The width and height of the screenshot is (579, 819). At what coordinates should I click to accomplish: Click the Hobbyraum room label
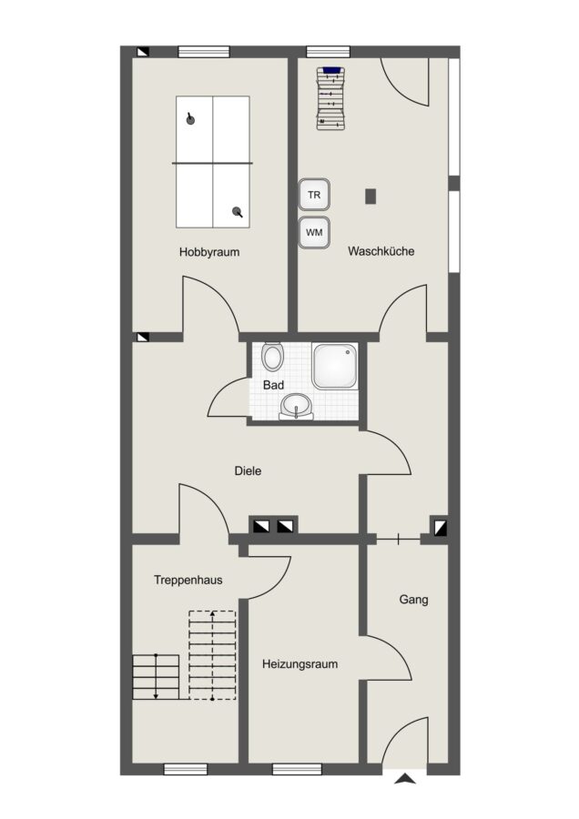click(209, 252)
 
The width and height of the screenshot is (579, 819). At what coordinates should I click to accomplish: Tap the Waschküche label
click(381, 251)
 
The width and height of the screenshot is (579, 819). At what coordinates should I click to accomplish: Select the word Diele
click(248, 470)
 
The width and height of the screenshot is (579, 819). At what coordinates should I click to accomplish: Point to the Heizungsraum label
click(300, 664)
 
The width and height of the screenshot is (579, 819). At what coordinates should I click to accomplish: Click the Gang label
click(414, 600)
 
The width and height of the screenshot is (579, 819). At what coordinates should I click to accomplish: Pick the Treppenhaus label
click(188, 580)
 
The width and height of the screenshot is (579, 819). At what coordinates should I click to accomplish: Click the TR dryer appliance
click(314, 195)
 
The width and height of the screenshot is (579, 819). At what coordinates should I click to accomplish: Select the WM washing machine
click(314, 232)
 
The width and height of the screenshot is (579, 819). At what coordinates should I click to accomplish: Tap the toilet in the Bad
click(271, 356)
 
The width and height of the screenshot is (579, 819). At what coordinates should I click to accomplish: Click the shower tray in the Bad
click(335, 366)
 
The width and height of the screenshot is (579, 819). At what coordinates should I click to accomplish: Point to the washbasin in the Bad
click(296, 407)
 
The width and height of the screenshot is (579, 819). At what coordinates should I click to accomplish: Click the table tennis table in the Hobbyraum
click(212, 162)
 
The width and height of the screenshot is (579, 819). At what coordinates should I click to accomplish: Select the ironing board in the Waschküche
click(331, 98)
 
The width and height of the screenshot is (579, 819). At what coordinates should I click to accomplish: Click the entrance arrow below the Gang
click(405, 779)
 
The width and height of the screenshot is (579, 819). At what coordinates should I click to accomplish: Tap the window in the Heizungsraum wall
click(297, 769)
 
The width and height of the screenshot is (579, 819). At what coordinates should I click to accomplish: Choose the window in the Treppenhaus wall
click(186, 769)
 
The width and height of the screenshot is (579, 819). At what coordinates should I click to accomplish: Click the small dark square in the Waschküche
click(371, 196)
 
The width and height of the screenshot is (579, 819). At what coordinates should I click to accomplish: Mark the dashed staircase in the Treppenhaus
click(212, 655)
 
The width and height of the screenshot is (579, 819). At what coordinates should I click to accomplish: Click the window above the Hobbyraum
click(204, 52)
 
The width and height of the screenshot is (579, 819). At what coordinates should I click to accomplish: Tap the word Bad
click(273, 386)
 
